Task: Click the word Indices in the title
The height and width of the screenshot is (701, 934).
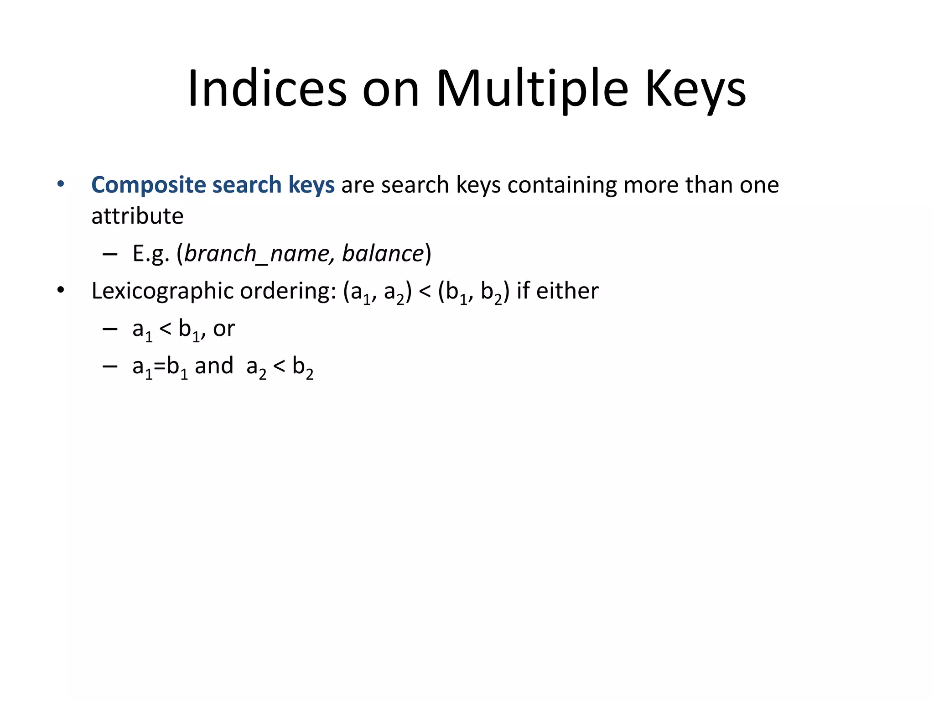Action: [x=267, y=89]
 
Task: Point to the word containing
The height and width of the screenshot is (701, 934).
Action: [x=562, y=185]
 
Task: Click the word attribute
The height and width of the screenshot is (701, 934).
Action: [x=137, y=216]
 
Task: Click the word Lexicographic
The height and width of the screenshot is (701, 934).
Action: [x=162, y=291]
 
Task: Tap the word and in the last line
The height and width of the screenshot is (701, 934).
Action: [x=214, y=366]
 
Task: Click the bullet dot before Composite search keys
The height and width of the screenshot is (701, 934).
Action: [x=61, y=185]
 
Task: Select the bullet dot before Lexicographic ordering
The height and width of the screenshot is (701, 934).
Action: [x=61, y=291]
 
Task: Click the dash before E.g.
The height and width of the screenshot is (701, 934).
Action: [x=110, y=254]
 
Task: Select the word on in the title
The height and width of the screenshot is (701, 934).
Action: [x=390, y=89]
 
